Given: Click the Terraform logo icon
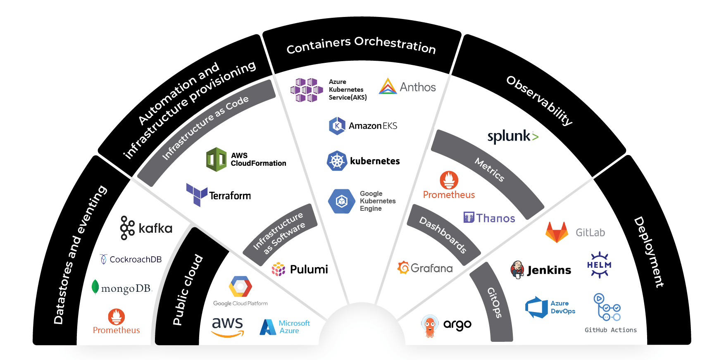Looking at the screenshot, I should (x=197, y=195).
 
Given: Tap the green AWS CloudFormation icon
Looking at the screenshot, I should (x=216, y=159).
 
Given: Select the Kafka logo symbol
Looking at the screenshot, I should (x=127, y=228).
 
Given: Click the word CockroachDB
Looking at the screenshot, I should (x=136, y=260).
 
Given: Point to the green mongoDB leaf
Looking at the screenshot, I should (x=95, y=287).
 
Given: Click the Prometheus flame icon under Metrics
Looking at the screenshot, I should (x=449, y=180).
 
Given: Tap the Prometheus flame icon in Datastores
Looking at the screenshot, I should (x=116, y=317).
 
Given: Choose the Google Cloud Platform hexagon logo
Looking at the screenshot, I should (x=240, y=286).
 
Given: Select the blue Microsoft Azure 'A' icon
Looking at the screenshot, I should (x=268, y=327).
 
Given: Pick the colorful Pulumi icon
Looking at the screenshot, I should (x=279, y=269).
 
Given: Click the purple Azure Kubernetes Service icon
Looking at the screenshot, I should (x=307, y=90).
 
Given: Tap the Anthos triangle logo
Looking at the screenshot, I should (x=388, y=86).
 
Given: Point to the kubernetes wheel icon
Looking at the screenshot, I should (x=337, y=161).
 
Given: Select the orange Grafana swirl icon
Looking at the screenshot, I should (x=403, y=267).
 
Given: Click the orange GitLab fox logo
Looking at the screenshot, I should (x=557, y=232).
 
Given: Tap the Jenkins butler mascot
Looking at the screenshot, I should (x=517, y=269).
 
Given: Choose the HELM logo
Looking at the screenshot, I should (x=599, y=265).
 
